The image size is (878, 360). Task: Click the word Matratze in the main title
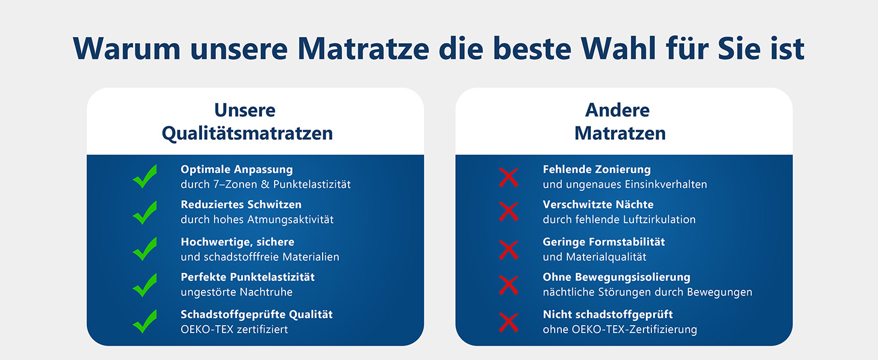coord(363,49)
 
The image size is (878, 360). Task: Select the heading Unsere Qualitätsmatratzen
coord(247,122)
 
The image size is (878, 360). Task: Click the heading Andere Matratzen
coord(620,122)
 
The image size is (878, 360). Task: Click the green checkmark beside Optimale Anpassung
coord(145,177)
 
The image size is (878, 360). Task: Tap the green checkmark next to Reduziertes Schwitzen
coord(145,212)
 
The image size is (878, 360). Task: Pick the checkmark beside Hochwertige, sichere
coord(145,249)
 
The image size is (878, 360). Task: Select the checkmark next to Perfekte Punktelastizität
coord(145,285)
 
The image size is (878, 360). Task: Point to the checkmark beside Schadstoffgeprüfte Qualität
coord(145,322)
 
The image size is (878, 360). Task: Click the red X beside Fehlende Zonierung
coord(509,177)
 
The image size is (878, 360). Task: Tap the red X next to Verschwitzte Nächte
coord(509,212)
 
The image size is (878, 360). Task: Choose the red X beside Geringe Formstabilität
coord(509,250)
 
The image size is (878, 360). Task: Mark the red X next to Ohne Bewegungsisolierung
coord(509,285)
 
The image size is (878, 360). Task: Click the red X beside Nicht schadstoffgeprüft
coord(509,322)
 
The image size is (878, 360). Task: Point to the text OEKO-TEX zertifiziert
coord(234,329)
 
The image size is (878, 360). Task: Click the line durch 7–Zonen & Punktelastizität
coord(266,184)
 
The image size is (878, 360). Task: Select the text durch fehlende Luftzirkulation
coord(619,219)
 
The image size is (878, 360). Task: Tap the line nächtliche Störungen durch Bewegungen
coord(648,292)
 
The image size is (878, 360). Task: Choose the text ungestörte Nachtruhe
coord(236,292)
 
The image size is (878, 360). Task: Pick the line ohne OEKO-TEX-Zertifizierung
coord(620,329)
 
